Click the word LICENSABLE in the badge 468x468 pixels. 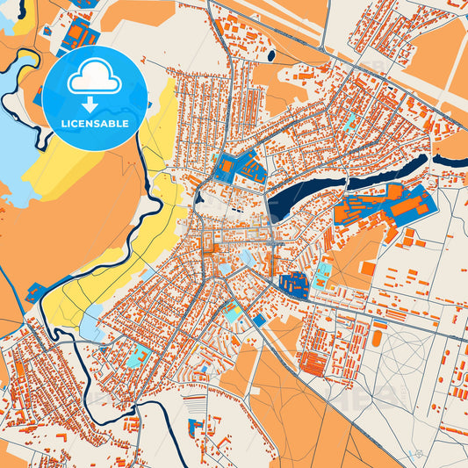[x=94, y=124]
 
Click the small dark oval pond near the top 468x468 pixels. [x=271, y=55]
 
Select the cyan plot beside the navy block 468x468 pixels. [x=323, y=274]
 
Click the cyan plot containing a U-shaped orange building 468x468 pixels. [x=234, y=313]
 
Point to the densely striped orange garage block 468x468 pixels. [x=313, y=361]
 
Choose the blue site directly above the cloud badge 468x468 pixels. [x=81, y=33]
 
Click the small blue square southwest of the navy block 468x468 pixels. [x=259, y=320]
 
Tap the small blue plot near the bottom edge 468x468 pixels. [x=195, y=428]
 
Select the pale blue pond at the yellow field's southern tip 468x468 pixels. [x=91, y=327]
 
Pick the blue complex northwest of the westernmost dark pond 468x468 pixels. [x=240, y=166]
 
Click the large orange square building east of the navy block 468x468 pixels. [x=367, y=267]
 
